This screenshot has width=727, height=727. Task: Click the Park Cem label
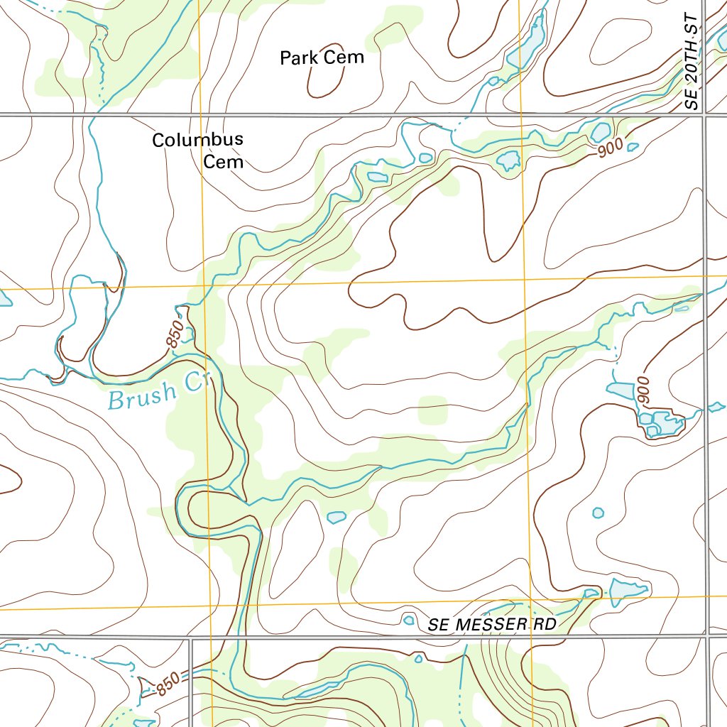[x=322, y=58]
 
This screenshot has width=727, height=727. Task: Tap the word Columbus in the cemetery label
[x=197, y=140]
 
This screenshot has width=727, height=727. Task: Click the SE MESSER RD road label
[x=492, y=625]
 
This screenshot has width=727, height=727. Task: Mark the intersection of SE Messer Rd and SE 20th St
[x=706, y=635]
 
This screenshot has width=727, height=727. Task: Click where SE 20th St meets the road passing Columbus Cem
[x=704, y=114]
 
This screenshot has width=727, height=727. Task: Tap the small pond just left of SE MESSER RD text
[x=408, y=620]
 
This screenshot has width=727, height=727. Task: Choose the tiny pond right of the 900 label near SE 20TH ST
[x=633, y=147]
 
